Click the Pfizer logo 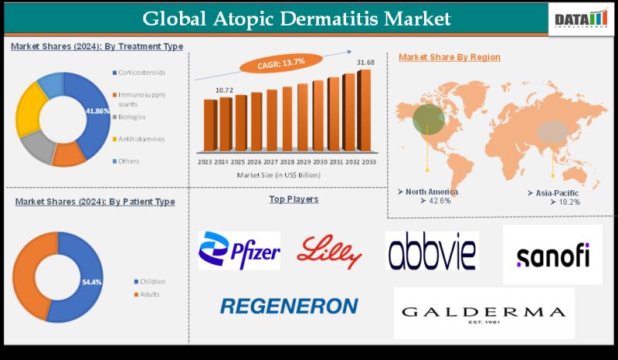pos(239,251)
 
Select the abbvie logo pos(432,250)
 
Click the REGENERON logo pos(289,306)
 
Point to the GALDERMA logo pos(484,313)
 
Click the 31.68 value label pos(365,62)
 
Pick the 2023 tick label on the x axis pos(205,162)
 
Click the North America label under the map pos(430,191)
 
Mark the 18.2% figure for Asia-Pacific pos(565,201)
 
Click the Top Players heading pos(294,199)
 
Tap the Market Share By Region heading pos(449,57)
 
